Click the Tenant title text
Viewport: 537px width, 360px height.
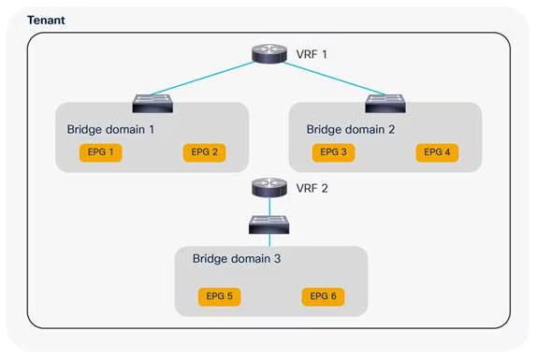pyautogui.click(x=46, y=19)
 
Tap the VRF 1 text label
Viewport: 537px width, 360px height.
pyautogui.click(x=312, y=55)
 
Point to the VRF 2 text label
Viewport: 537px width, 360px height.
pyautogui.click(x=312, y=187)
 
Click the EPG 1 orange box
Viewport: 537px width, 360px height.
pyautogui.click(x=99, y=151)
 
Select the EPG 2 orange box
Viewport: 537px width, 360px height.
pyautogui.click(x=202, y=151)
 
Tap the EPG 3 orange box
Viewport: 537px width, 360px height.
pyautogui.click(x=333, y=151)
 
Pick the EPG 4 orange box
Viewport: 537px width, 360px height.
pyautogui.click(x=437, y=151)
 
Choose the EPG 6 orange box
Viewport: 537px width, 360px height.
pyautogui.click(x=324, y=296)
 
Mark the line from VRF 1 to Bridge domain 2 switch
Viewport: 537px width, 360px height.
pyautogui.click(x=327, y=78)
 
